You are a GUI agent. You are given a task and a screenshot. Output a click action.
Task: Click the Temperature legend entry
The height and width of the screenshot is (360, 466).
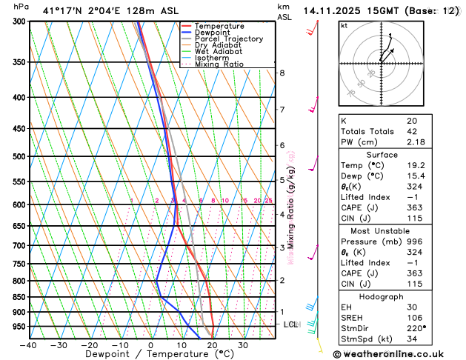(219, 26)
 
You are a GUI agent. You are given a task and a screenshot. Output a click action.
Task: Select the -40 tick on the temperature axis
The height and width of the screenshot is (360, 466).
(29, 345)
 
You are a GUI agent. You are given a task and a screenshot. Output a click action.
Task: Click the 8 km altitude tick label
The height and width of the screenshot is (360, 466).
(282, 73)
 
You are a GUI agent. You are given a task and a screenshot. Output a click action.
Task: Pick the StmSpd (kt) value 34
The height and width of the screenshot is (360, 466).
(411, 339)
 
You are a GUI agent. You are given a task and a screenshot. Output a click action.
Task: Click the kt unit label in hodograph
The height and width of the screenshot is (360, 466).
(344, 25)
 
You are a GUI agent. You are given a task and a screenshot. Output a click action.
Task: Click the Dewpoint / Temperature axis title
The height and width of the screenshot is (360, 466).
(150, 354)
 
